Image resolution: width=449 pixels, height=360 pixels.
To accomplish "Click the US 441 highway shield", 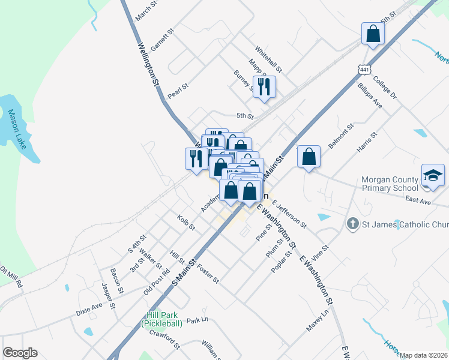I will coord(364,70).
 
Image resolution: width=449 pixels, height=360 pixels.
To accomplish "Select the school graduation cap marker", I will coord(433,175).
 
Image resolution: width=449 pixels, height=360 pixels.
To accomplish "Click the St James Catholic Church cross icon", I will coord(352,224).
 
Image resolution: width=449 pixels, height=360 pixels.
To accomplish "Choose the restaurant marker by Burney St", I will coord(264,87).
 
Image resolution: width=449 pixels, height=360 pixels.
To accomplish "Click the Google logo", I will coord(20,353).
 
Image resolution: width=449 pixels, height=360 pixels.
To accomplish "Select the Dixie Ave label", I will coord(89,308).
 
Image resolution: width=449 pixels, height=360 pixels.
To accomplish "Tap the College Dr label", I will coord(385,88).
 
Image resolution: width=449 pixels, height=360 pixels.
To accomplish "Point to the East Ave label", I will coord(418,202).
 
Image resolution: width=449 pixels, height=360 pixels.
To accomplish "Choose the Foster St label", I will coord(208,272).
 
